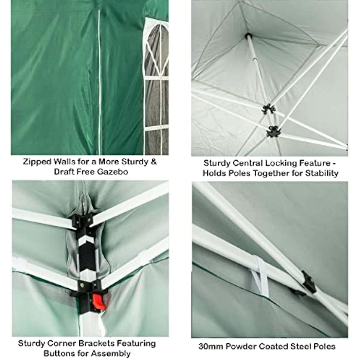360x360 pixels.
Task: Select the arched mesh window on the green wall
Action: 156,88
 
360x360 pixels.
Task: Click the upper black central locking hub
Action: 268,109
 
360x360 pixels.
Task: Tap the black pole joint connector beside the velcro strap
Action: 308,282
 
